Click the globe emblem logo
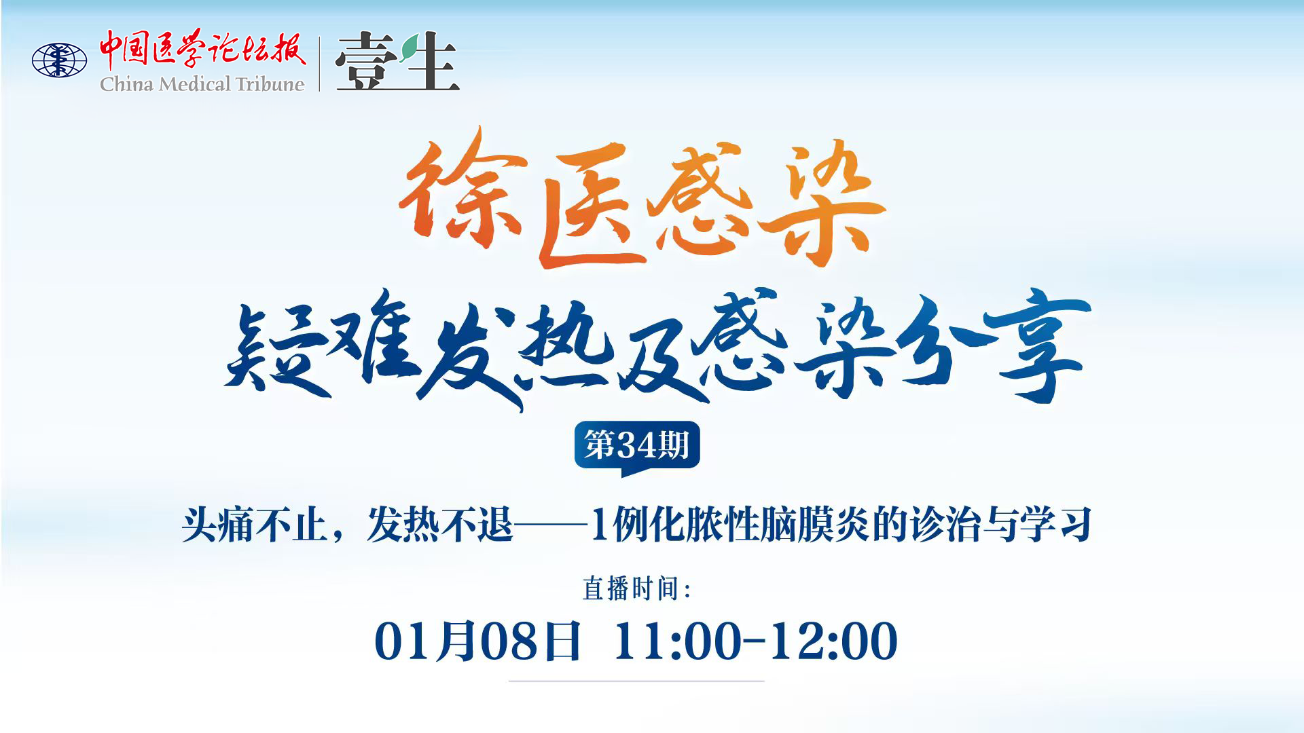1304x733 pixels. click(60, 60)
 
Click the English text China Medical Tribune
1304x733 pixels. click(202, 84)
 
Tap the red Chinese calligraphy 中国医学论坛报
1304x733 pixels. click(202, 49)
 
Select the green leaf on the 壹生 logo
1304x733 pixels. click(410, 49)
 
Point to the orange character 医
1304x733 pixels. click(587, 204)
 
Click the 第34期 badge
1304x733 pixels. click(637, 447)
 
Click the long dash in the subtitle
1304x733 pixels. click(551, 524)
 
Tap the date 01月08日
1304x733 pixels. click(477, 641)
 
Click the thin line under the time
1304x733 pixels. click(636, 681)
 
